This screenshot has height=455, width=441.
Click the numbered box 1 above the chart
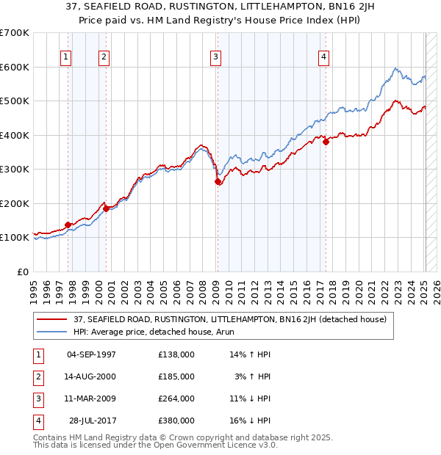point(66,57)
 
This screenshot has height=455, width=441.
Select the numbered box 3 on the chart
point(215,57)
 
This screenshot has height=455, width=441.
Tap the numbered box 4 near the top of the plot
point(323,57)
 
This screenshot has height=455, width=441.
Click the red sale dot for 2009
point(218,181)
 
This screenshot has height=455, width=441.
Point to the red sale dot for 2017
point(326,142)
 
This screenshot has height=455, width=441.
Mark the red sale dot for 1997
point(68,225)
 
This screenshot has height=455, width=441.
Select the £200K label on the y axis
point(14,203)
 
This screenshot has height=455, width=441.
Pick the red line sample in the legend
point(52,319)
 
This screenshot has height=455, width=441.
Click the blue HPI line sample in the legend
point(52,332)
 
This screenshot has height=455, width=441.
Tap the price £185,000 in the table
point(176,376)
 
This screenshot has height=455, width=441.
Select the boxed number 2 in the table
point(37,376)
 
